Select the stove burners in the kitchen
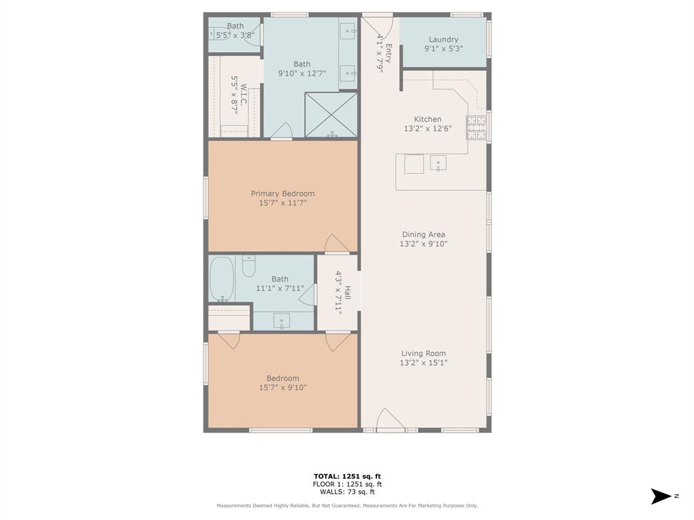click(x=476, y=127)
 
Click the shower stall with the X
click(x=331, y=114)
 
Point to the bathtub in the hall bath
click(x=221, y=278)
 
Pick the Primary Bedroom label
click(x=283, y=194)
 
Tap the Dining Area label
click(x=423, y=234)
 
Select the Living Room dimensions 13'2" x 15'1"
click(x=423, y=363)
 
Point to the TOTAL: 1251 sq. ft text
click(x=347, y=476)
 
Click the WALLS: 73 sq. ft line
click(x=347, y=492)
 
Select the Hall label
click(x=347, y=292)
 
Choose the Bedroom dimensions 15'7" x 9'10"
click(x=283, y=388)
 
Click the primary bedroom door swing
click(x=337, y=244)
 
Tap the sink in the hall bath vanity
click(x=282, y=321)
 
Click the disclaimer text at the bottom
click(x=347, y=505)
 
